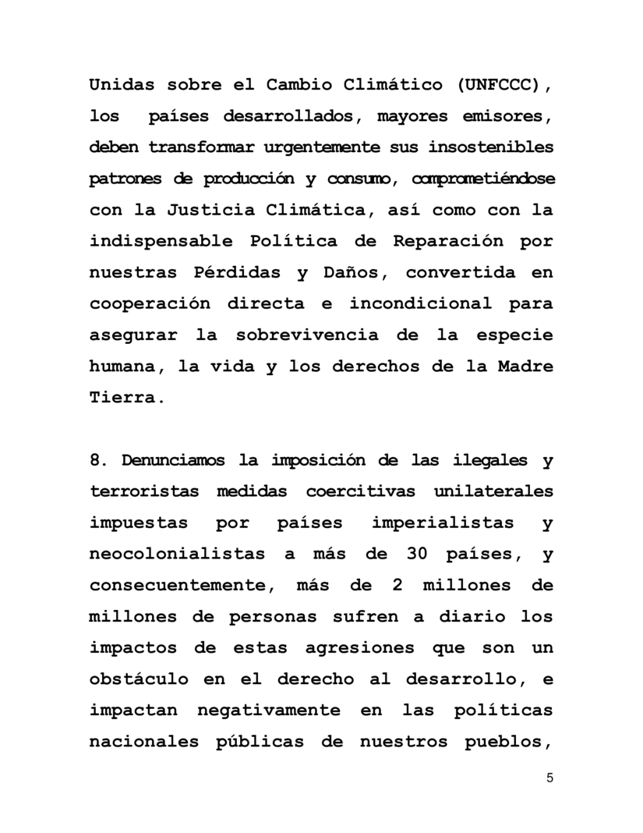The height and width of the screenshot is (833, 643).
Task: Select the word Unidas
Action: tap(122, 85)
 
